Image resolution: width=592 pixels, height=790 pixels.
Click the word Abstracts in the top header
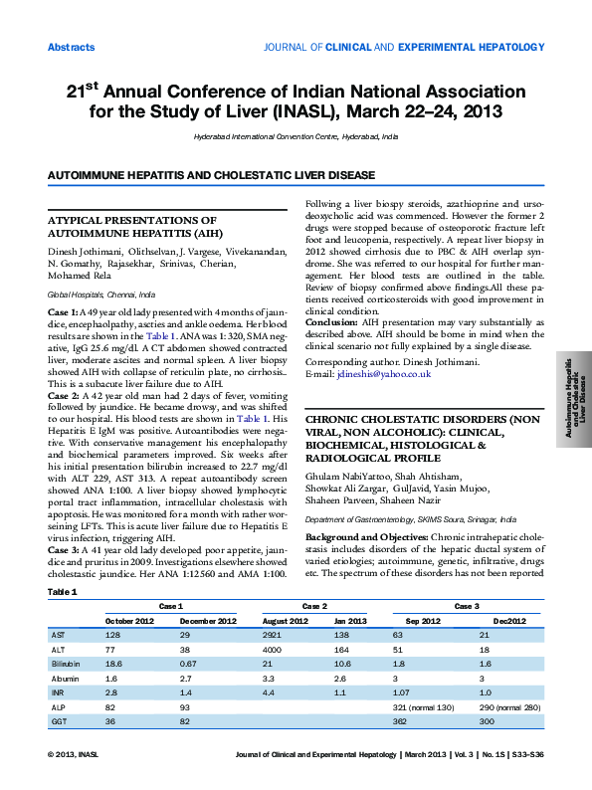click(x=72, y=48)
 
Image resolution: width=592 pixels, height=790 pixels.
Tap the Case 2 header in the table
click(x=315, y=606)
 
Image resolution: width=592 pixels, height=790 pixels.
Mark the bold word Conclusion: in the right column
click(x=330, y=321)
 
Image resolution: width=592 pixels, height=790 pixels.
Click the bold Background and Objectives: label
click(x=367, y=535)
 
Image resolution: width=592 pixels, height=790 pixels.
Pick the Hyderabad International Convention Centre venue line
click(x=296, y=134)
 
